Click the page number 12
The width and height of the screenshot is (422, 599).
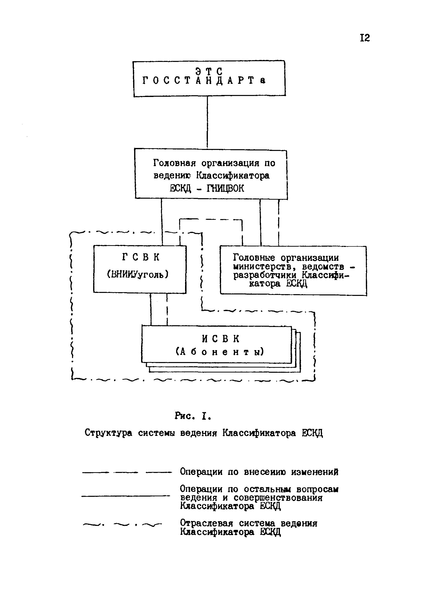click(x=365, y=38)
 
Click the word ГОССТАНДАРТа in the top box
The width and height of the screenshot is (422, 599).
click(x=204, y=81)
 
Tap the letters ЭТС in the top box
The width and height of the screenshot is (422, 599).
click(x=209, y=71)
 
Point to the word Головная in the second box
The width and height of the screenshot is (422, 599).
click(x=174, y=163)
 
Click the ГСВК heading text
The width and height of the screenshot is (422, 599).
click(x=141, y=258)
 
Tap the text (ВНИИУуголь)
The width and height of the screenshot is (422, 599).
click(x=138, y=274)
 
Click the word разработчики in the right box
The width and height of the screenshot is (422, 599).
click(x=265, y=276)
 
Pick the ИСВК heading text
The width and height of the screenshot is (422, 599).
click(x=221, y=339)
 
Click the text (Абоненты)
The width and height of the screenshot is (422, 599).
click(x=220, y=352)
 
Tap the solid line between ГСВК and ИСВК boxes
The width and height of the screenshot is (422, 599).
click(x=151, y=309)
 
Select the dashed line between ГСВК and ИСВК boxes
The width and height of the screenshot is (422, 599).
click(x=167, y=309)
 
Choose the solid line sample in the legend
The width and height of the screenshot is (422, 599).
click(x=126, y=496)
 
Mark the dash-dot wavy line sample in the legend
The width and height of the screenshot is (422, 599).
click(x=122, y=524)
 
